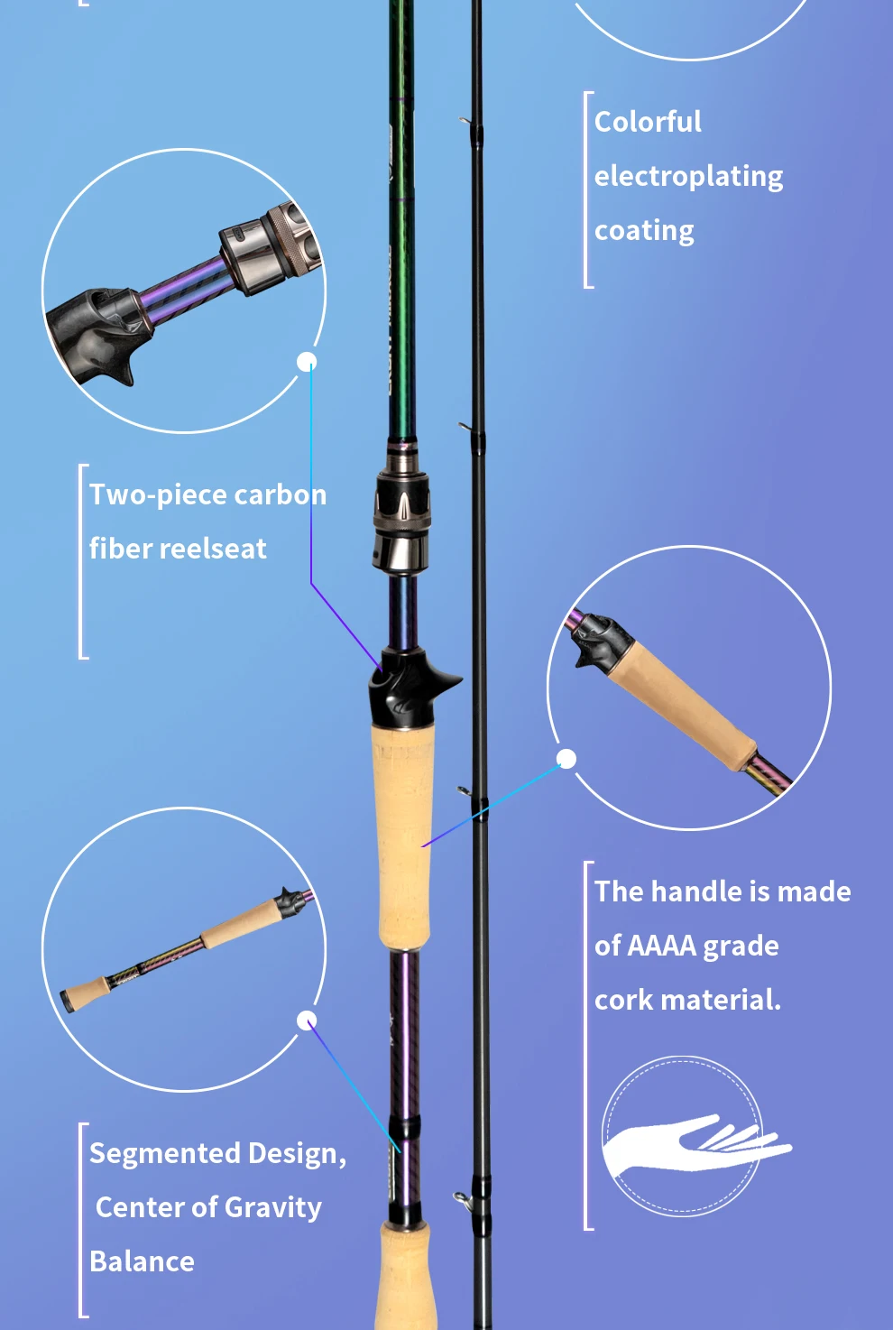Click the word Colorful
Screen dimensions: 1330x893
point(648,122)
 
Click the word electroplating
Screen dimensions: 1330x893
point(688,176)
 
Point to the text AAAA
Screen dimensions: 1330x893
point(662,946)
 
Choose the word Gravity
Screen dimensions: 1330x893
point(272,1207)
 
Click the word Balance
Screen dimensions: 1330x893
point(142,1261)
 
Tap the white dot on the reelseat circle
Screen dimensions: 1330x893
point(307,362)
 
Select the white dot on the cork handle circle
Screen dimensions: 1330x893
point(566,758)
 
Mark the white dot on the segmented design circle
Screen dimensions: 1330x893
point(307,1021)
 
